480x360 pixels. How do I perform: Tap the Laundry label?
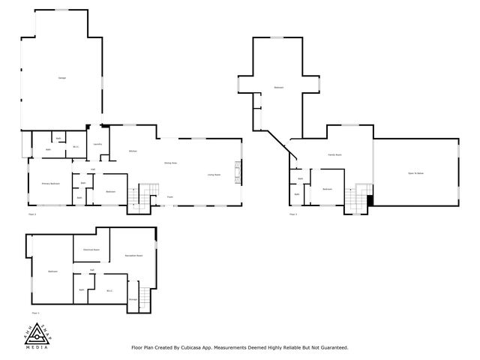(x=97, y=143)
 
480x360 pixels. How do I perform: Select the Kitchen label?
(x=132, y=151)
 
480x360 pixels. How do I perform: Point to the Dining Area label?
(x=170, y=163)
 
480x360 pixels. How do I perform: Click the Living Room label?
(x=214, y=175)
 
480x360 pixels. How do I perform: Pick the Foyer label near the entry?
(x=170, y=197)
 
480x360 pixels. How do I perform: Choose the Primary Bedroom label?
(x=50, y=183)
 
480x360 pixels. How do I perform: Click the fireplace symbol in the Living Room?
(x=239, y=172)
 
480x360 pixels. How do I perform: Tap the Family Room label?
(x=334, y=154)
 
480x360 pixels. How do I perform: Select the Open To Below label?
(x=416, y=173)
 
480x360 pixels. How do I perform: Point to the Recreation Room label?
(x=134, y=256)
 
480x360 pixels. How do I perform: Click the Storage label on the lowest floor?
(x=133, y=299)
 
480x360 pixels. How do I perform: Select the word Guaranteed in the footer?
(x=331, y=347)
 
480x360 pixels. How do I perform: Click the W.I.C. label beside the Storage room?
(x=109, y=290)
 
